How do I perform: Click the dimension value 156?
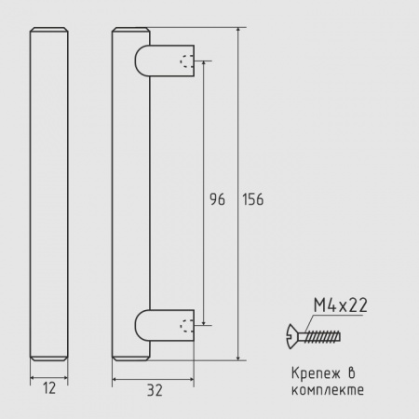click(253, 199)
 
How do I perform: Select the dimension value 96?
click(217, 199)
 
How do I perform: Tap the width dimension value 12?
click(49, 388)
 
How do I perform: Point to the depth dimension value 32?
click(155, 390)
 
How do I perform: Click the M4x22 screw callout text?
click(341, 305)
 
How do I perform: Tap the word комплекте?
click(328, 390)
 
